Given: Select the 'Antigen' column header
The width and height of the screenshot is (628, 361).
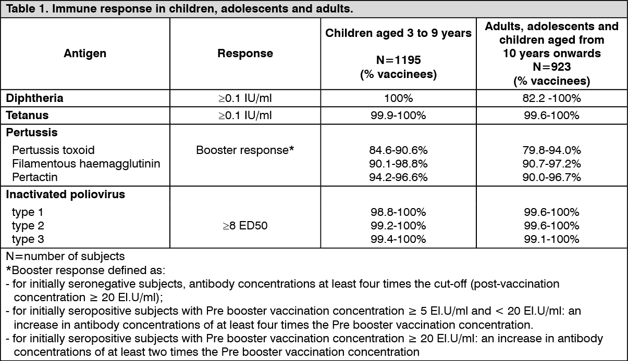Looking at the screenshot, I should [85, 53].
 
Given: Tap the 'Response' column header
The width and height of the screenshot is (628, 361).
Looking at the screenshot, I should [245, 53].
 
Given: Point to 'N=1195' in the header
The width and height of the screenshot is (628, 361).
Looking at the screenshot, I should [398, 60].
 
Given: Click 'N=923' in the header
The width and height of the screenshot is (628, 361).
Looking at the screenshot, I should [551, 67].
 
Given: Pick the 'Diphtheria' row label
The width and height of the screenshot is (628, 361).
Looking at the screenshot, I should [34, 98].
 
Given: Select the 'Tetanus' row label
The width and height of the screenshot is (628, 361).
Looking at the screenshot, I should [28, 115].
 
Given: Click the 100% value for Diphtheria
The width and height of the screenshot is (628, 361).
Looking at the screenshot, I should [398, 98].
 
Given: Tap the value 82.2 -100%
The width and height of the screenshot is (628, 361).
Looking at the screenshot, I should [551, 98].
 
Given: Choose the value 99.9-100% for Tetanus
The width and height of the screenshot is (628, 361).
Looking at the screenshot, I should [398, 115].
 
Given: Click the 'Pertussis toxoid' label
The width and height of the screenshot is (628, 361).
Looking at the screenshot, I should [53, 150].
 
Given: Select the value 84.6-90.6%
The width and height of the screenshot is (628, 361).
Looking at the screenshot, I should [398, 150].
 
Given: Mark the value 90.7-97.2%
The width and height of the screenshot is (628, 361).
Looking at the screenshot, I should [551, 164].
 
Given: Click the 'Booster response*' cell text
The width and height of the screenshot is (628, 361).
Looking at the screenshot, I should [245, 150].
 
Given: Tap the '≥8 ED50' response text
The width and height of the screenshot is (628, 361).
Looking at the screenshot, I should [245, 226].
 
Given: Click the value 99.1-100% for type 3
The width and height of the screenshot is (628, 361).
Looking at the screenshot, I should [551, 239].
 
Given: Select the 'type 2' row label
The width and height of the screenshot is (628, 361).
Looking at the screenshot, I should [28, 226].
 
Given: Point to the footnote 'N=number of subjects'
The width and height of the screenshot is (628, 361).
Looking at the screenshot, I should [65, 256].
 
